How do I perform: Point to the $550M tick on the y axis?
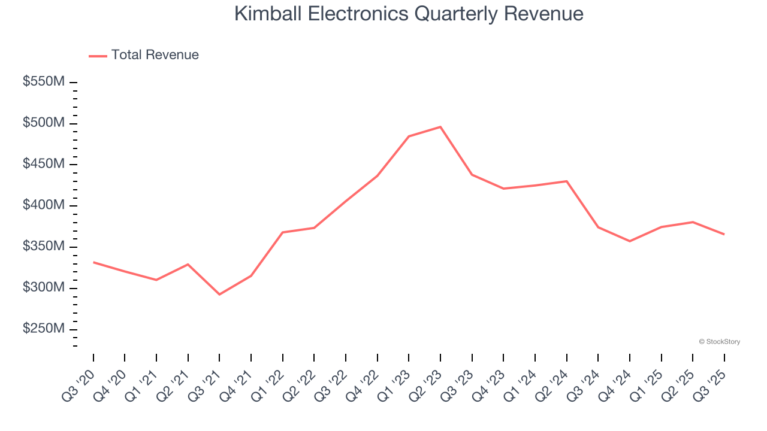[43, 82]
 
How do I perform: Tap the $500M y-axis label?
[43, 123]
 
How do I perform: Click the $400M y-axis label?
[43, 205]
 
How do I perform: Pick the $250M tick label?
[43, 329]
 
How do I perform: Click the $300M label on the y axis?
[43, 288]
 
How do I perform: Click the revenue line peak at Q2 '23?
[440, 127]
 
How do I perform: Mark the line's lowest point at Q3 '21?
[219, 294]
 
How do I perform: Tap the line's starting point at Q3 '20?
[93, 262]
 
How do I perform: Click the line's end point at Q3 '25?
[724, 234]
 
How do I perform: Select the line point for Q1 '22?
[282, 232]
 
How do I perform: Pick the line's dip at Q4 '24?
[630, 241]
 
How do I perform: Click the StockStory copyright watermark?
[719, 342]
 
